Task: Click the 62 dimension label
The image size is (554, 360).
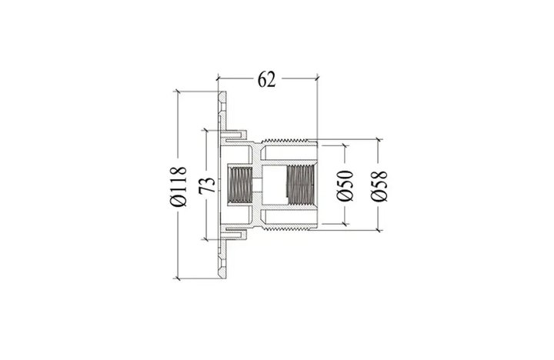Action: click(266, 79)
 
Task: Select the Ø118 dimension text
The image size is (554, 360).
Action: click(179, 186)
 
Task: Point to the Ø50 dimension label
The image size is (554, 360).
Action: click(345, 185)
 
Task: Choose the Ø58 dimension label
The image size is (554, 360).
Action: click(379, 186)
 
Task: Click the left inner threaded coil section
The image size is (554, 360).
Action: click(240, 185)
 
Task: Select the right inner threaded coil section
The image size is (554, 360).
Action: click(301, 185)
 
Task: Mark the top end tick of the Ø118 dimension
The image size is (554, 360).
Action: click(178, 92)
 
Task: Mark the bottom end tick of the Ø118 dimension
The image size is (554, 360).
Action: click(178, 278)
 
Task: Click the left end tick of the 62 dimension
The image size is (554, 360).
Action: click(218, 78)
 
